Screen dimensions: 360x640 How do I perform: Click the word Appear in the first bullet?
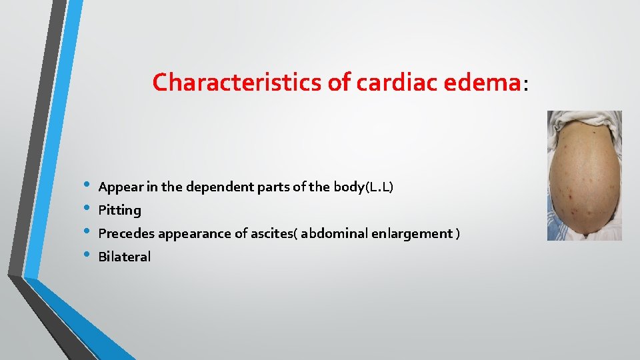pos(120,187)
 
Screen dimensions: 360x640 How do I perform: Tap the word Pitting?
pos(119,210)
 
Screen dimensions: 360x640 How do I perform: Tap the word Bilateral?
pos(125,257)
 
